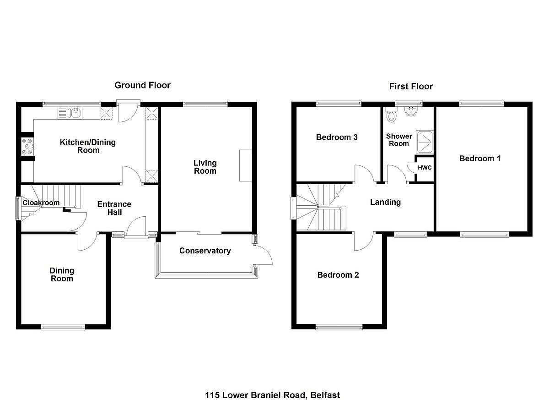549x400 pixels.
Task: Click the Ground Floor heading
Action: (x=142, y=85)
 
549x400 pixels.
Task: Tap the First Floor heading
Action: (x=411, y=87)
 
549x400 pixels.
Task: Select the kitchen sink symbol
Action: (x=70, y=113)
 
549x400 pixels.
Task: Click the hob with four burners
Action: (x=27, y=147)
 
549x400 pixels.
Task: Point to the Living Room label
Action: (x=205, y=167)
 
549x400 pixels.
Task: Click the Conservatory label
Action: (x=205, y=251)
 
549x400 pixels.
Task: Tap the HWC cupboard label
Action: (x=425, y=168)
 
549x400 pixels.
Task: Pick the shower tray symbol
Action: (x=425, y=142)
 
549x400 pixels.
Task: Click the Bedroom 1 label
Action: (x=480, y=159)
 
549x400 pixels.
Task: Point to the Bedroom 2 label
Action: (x=338, y=275)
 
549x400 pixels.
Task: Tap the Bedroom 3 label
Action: (x=337, y=137)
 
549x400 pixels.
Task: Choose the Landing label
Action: (x=385, y=202)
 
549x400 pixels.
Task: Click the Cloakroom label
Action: (x=41, y=203)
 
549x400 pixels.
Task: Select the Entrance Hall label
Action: (x=114, y=208)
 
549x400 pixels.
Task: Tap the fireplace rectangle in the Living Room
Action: (x=246, y=165)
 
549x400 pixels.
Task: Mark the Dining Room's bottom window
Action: (x=63, y=327)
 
